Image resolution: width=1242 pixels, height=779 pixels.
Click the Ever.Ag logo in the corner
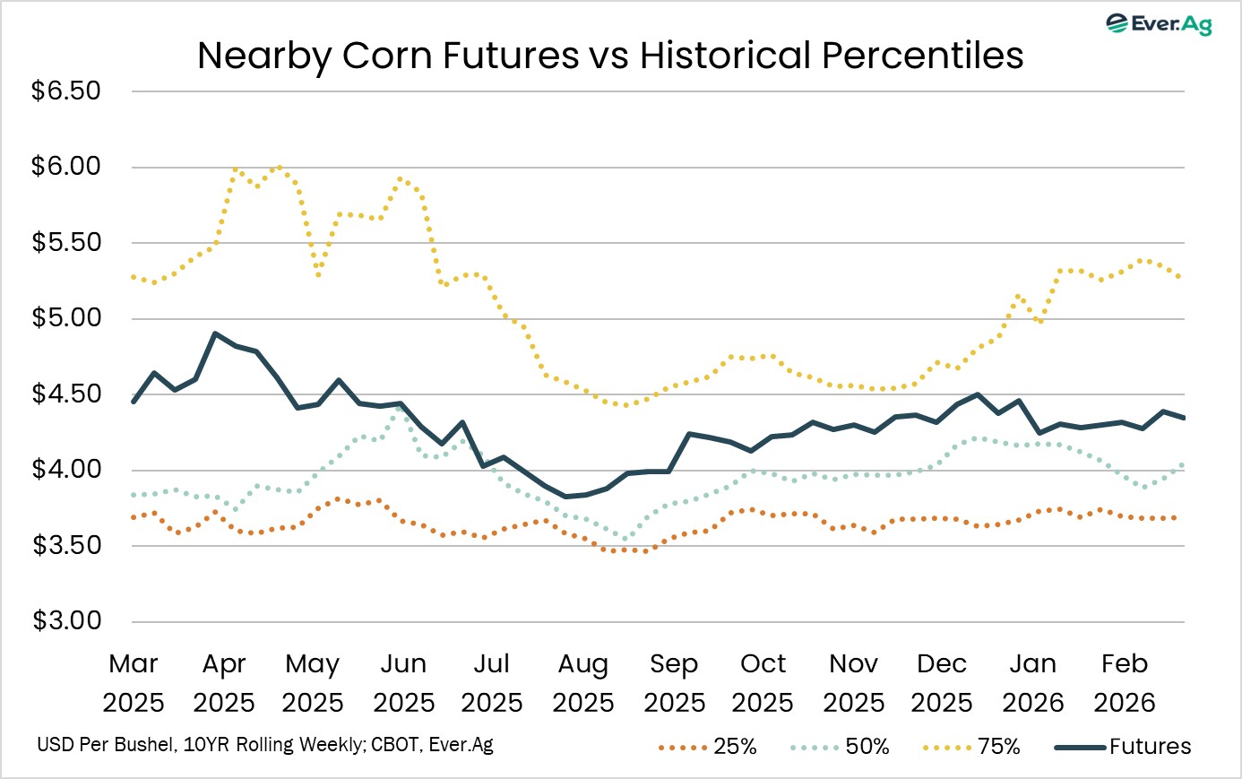click(1160, 23)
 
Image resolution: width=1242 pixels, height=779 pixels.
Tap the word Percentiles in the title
click(922, 56)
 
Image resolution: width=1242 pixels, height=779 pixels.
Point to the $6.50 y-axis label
click(66, 91)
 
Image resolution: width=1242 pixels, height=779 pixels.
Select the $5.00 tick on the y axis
click(66, 318)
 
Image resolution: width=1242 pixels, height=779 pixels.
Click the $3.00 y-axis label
click(66, 621)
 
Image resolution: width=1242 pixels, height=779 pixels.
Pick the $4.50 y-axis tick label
click(66, 394)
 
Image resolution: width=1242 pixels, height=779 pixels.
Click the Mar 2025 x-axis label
click(134, 682)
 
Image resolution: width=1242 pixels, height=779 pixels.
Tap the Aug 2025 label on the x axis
click(583, 682)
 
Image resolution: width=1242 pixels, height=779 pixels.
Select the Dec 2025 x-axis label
click(942, 682)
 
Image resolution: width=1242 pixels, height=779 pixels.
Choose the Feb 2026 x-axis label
click(1125, 682)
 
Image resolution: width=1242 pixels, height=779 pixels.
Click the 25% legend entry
click(708, 747)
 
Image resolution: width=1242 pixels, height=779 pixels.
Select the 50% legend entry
click(841, 747)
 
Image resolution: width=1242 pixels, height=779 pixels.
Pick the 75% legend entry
click(971, 747)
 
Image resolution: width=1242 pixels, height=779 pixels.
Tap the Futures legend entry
click(1124, 747)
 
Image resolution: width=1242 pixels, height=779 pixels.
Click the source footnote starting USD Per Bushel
click(265, 745)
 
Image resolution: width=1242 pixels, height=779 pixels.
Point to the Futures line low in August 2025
click(566, 497)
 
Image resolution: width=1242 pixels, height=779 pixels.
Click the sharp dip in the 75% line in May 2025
click(317, 274)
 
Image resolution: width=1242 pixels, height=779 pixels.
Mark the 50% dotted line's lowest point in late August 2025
click(625, 539)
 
